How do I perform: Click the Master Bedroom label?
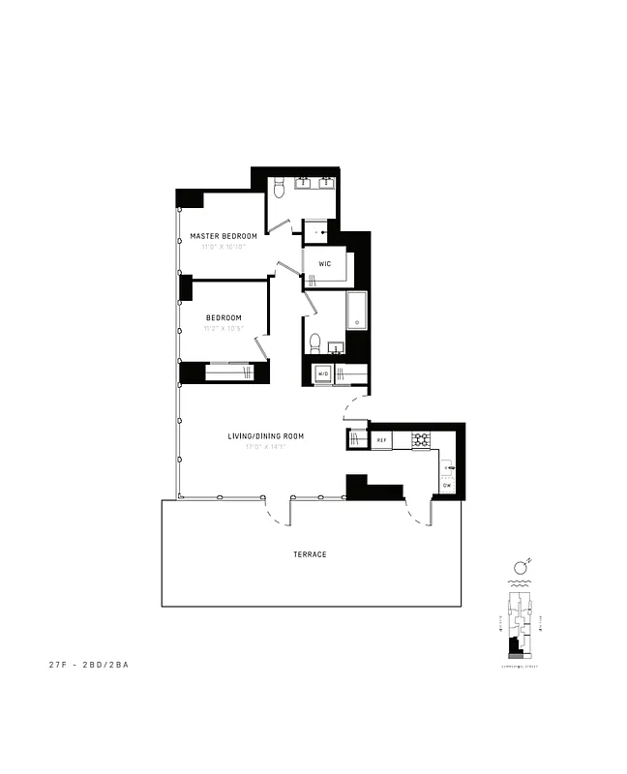[x=224, y=236]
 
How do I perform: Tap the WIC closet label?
[x=324, y=263]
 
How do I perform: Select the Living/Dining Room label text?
[x=266, y=436]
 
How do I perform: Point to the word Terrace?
[x=310, y=554]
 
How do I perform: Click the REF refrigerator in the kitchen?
[x=381, y=440]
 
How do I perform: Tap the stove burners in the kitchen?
[x=421, y=439]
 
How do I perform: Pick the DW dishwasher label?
[x=447, y=486]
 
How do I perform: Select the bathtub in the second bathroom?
[x=356, y=310]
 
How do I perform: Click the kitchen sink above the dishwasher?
[x=448, y=468]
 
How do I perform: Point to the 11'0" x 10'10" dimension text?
[x=224, y=247]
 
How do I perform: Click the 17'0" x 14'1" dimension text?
[x=266, y=447]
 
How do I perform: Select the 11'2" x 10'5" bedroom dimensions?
[x=224, y=328]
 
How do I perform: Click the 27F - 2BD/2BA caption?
[x=89, y=665]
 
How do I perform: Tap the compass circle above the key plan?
[x=520, y=566]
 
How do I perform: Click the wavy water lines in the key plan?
[x=519, y=584]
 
